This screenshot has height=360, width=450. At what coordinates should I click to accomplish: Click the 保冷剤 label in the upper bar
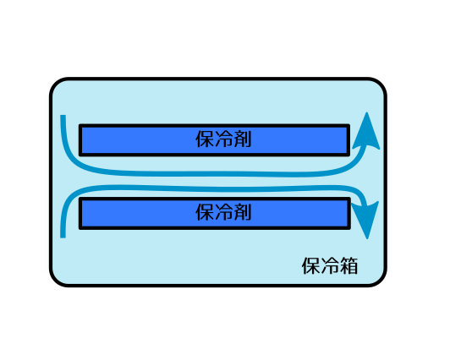point(223,139)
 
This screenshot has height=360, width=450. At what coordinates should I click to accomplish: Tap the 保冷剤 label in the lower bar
point(223,212)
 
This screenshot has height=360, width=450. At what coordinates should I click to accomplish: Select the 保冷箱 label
point(330,266)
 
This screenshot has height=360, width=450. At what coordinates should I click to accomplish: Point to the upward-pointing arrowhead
point(366,132)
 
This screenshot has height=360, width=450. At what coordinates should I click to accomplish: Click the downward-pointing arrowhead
point(367,219)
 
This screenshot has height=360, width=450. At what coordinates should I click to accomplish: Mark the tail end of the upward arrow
point(63,116)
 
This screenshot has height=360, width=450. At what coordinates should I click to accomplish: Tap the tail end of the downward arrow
point(63,237)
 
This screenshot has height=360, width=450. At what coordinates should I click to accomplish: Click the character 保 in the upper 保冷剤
point(205,139)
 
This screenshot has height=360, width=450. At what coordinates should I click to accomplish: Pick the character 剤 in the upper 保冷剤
point(242,139)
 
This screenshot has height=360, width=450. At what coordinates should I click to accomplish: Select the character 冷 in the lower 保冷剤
point(223,212)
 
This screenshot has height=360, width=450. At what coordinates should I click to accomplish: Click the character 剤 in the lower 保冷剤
point(242,212)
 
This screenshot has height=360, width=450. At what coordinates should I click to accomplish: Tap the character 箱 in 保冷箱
point(348,266)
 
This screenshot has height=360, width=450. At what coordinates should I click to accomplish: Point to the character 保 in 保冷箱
point(311,266)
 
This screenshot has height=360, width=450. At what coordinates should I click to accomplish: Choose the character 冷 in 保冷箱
point(330,266)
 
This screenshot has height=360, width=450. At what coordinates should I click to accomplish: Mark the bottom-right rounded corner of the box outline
point(381,281)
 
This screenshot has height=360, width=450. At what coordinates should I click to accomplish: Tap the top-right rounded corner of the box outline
point(381,84)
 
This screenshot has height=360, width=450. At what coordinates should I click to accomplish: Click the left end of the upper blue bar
point(80,140)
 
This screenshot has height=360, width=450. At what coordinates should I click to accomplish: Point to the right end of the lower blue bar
point(349,213)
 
